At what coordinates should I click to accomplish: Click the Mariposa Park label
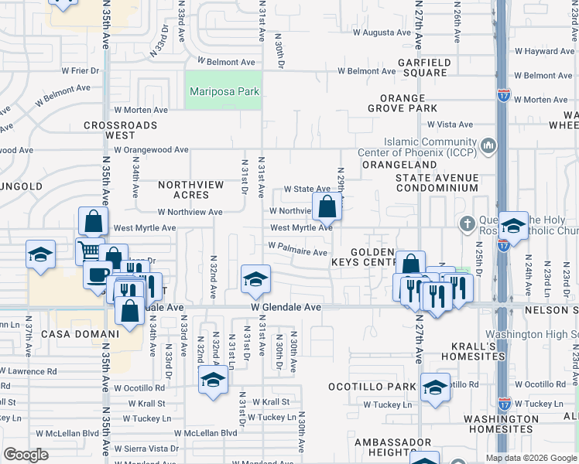point(224,92)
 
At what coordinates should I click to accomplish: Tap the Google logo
point(26,455)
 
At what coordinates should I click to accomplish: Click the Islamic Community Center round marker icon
point(488,145)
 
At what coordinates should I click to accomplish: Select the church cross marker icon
point(466,225)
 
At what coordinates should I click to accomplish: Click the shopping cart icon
point(89,251)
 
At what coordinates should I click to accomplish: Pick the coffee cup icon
point(98,275)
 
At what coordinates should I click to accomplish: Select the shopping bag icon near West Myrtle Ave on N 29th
point(327,206)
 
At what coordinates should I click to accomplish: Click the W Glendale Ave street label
point(286,307)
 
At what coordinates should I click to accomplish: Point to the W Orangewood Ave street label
point(151,150)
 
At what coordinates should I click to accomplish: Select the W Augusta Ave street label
point(382,32)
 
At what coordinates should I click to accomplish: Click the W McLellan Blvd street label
point(205,433)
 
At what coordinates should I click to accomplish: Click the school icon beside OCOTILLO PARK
point(435,387)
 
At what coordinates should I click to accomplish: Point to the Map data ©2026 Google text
point(531,458)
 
